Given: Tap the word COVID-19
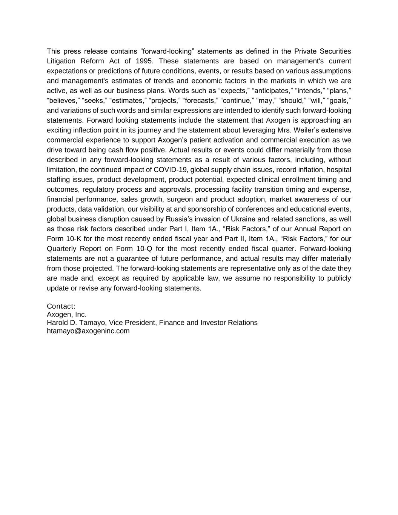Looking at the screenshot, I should pos(171,170).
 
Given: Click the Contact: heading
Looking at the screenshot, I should pos(61,306).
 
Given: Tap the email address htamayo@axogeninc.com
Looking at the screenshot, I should pos(88,331).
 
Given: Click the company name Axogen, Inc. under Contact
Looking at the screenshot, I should pos(66,314).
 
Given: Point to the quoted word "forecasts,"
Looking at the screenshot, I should pos(200,101).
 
